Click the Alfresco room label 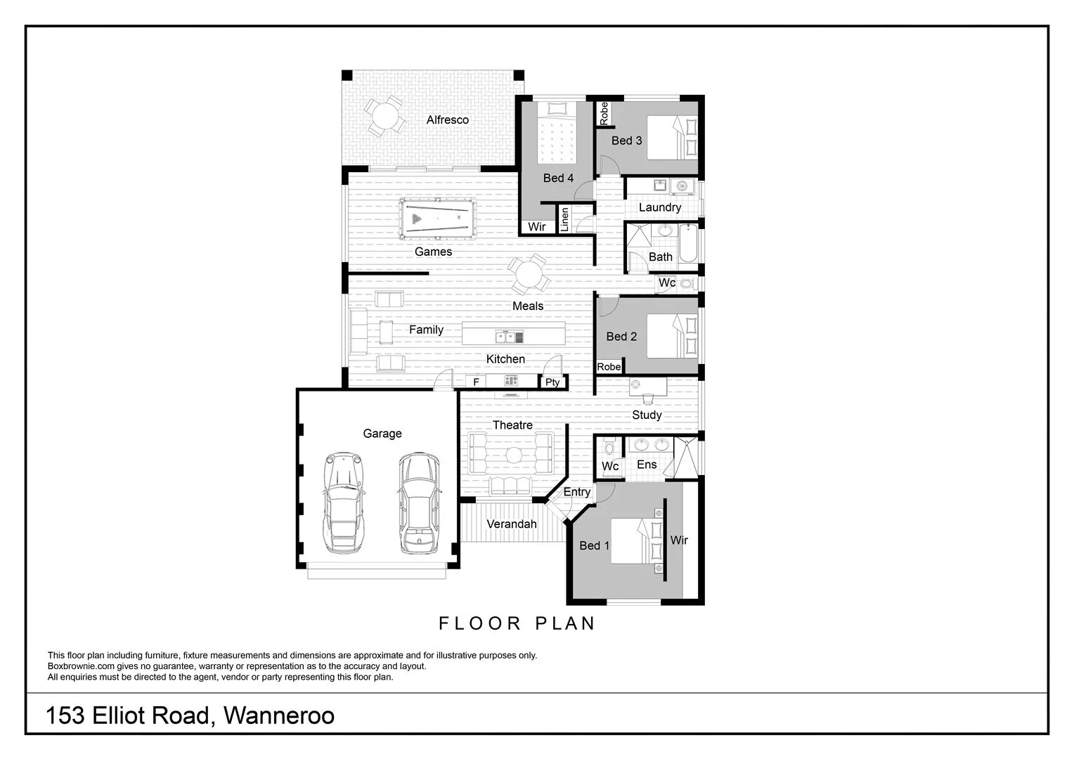tap(447, 120)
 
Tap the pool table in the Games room tap(436, 219)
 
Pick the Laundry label tap(659, 207)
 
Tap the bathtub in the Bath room tap(688, 244)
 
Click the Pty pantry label tap(552, 382)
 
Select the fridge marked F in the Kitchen tap(476, 382)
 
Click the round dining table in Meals tap(529, 275)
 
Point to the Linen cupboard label tap(564, 219)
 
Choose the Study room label tap(646, 415)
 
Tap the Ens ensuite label tap(646, 465)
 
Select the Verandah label tap(511, 524)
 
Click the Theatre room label tap(512, 425)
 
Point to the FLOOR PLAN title tap(517, 623)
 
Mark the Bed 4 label tap(558, 179)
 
